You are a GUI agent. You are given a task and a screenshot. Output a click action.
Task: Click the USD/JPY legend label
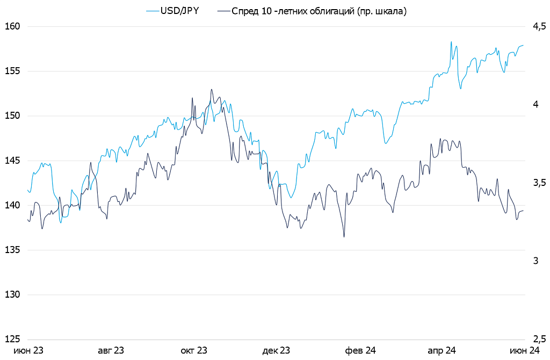tap(180, 11)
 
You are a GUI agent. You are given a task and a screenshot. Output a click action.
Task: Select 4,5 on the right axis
tap(539, 26)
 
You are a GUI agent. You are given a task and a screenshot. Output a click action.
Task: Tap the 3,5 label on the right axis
tap(539, 183)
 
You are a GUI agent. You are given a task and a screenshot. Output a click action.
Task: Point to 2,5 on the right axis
tap(539, 339)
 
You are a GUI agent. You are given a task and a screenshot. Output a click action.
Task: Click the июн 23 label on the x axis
tap(28, 350)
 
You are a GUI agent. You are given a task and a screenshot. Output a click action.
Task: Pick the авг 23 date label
tap(111, 350)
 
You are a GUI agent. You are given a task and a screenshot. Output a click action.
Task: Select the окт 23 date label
tap(194, 350)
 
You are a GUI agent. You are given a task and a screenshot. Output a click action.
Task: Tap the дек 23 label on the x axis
tap(276, 350)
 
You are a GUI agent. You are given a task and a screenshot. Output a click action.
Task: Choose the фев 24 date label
tap(360, 350)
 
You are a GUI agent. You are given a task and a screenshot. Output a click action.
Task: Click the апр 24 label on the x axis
tap(442, 350)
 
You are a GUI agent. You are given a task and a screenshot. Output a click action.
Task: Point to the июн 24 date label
tap(524, 350)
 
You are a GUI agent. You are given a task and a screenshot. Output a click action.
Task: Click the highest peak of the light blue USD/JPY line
tap(451, 42)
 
